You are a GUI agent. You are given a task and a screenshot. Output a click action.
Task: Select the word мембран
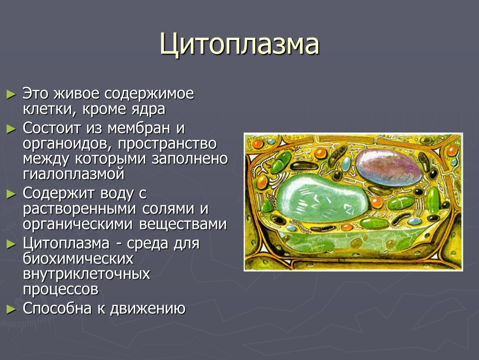[x=139, y=128]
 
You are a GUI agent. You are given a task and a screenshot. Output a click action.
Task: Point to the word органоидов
[x=67, y=144]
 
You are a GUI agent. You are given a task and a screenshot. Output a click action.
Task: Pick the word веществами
[x=183, y=224]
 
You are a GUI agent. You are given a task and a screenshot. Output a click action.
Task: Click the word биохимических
[x=78, y=259]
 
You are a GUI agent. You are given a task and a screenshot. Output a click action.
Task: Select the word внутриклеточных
[x=87, y=274]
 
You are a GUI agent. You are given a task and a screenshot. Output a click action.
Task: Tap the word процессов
[x=61, y=290]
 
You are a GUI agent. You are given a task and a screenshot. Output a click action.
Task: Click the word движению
[x=147, y=309]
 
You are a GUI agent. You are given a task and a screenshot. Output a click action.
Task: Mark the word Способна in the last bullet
[x=57, y=308]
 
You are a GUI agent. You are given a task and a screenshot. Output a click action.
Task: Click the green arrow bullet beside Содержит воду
[x=11, y=194]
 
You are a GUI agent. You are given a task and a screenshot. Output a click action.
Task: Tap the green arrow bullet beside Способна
[x=11, y=309]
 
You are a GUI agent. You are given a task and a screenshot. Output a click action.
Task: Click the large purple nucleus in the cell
[x=388, y=167]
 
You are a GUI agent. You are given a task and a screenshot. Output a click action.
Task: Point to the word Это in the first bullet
[x=35, y=94]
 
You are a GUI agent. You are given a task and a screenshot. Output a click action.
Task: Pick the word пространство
[x=167, y=144]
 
